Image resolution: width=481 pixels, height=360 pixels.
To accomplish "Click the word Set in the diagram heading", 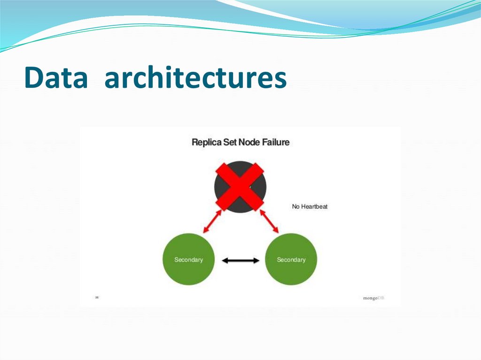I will tap(229, 142).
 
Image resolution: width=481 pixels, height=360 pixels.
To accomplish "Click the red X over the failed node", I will tap(240, 186).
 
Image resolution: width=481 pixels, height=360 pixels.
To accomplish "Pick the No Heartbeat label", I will tap(310, 207).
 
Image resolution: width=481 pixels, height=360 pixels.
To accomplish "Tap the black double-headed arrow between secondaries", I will tap(240, 260).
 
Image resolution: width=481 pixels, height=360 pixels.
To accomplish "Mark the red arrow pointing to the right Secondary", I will tap(271, 222).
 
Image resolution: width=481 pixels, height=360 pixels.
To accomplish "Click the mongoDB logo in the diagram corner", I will tap(373, 298).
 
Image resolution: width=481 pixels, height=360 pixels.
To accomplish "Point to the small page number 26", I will tap(97, 297).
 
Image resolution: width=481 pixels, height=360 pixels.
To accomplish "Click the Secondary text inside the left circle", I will tap(188, 260).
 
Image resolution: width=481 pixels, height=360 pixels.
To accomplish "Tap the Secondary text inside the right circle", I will tap(291, 260).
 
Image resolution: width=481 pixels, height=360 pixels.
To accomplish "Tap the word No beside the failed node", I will tap(295, 207).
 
